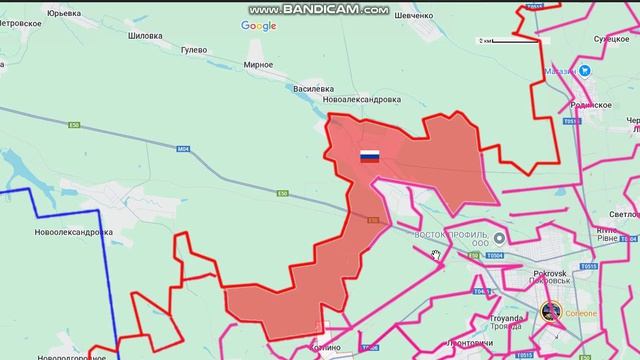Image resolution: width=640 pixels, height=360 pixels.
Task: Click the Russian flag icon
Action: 370,156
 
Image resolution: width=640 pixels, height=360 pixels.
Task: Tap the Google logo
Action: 258,26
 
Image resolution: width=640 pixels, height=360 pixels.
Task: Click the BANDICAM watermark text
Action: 320,9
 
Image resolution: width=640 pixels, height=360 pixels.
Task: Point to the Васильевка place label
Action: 313,89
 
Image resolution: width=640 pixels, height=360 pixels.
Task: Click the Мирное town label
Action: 258,65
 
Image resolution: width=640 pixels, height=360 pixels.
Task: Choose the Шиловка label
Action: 144,35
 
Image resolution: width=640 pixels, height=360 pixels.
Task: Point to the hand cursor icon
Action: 436,255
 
